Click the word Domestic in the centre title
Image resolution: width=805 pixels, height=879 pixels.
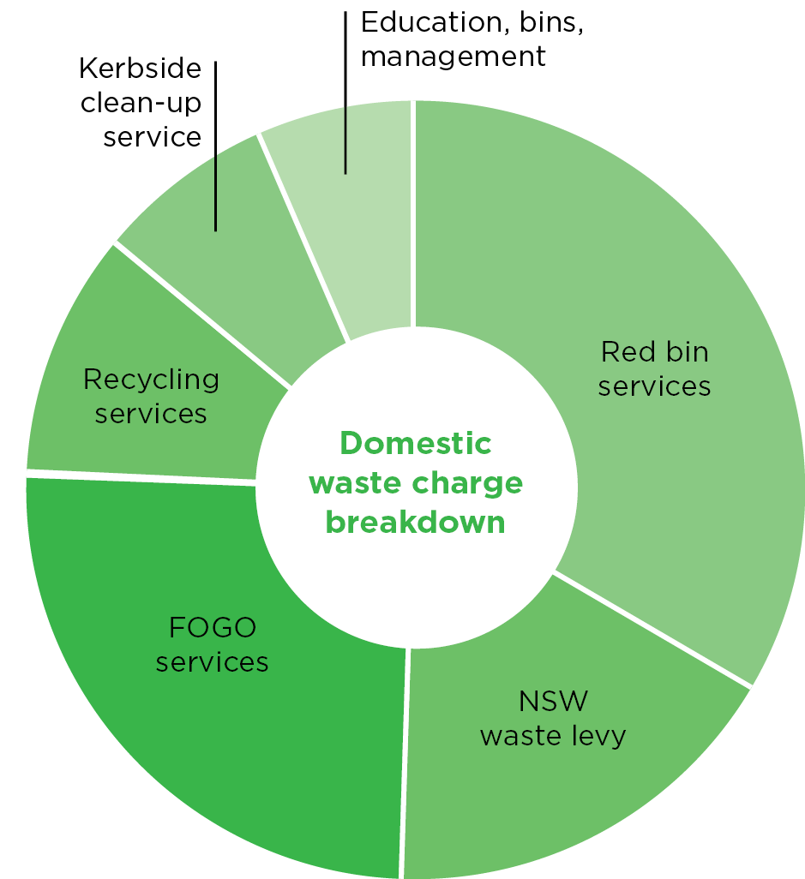[416, 443]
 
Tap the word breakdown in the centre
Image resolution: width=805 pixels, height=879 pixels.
[416, 522]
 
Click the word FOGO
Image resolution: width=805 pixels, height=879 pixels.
[213, 628]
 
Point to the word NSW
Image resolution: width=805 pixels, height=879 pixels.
[554, 702]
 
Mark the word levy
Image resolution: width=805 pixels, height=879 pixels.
[598, 736]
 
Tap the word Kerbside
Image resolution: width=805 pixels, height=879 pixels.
[140, 69]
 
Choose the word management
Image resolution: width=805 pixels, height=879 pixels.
[454, 57]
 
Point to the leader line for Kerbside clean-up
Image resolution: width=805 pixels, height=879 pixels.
[215, 146]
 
